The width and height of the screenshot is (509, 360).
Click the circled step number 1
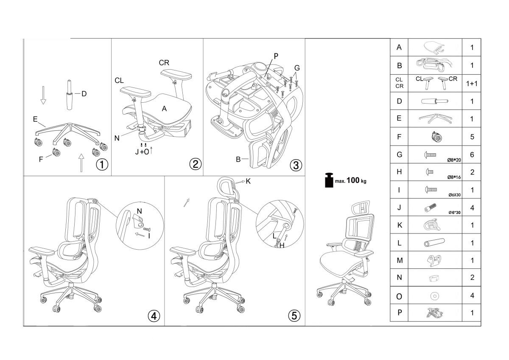[102, 164]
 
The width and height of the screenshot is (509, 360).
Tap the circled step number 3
[296, 164]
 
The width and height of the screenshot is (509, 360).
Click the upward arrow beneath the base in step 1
[81, 162]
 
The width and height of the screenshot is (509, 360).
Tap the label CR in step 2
[164, 63]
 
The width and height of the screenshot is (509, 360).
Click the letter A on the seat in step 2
[164, 109]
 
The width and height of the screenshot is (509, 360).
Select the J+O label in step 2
[142, 152]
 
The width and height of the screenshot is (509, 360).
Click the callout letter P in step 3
[276, 56]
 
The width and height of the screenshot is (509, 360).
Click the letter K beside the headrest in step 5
[248, 181]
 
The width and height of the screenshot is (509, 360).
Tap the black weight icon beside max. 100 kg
[328, 180]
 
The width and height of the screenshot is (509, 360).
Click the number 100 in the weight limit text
[353, 180]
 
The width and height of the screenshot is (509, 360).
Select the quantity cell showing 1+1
[472, 84]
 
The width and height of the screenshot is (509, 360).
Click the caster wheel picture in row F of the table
[436, 137]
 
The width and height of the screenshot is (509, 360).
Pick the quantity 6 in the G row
[472, 155]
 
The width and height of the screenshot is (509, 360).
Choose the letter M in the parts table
[399, 260]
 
